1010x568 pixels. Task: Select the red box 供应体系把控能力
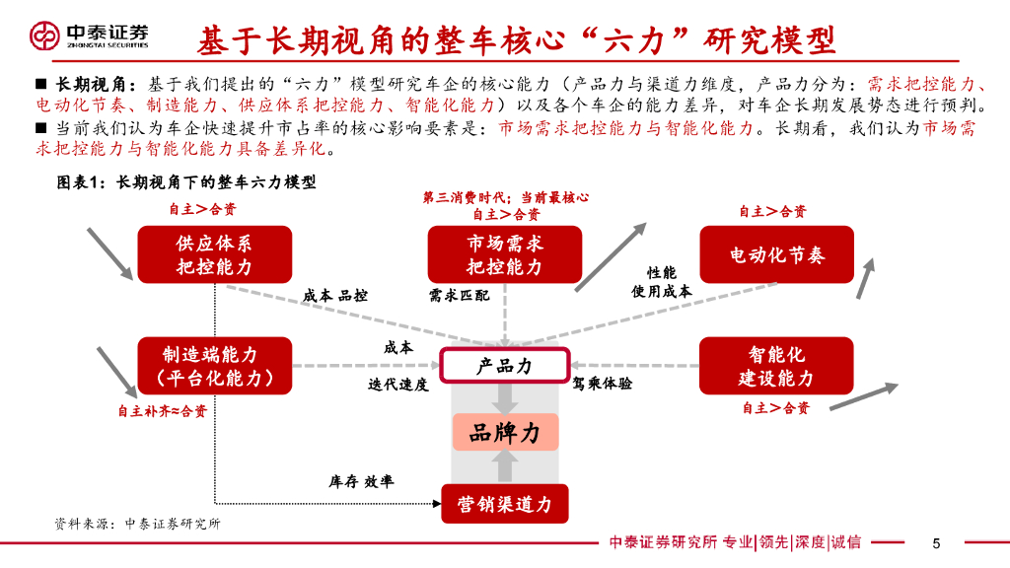(x=214, y=254)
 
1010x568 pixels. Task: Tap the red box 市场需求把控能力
(x=504, y=254)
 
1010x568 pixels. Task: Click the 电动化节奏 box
(x=776, y=254)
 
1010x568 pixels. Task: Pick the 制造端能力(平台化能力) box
(x=214, y=366)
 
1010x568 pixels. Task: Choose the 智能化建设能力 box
(x=776, y=366)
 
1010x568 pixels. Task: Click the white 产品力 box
(x=504, y=366)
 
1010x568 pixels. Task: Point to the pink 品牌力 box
(x=505, y=432)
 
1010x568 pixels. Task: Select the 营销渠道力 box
(x=504, y=504)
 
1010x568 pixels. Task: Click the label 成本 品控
(x=335, y=295)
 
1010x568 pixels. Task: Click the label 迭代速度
(x=398, y=385)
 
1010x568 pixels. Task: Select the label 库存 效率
(x=361, y=481)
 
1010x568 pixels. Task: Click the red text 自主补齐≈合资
(x=163, y=411)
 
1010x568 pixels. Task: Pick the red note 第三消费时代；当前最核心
(x=506, y=197)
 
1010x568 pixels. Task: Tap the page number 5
(x=936, y=542)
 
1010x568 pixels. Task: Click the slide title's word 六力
(x=644, y=40)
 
